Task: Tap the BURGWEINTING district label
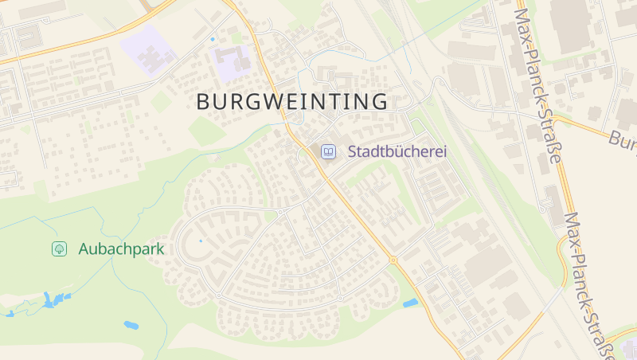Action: coord(292,102)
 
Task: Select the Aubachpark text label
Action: coord(121,248)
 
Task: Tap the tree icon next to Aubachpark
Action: coord(59,248)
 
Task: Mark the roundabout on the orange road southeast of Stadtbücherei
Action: coord(393,260)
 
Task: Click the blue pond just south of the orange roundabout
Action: coord(411,303)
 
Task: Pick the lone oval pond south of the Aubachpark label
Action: coord(131,325)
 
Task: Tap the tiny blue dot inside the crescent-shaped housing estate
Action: coord(201,240)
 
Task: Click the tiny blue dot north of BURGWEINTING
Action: coord(213,39)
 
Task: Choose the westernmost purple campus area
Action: coord(147,50)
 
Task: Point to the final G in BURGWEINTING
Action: coord(380,102)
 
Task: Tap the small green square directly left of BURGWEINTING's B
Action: coord(162,101)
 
